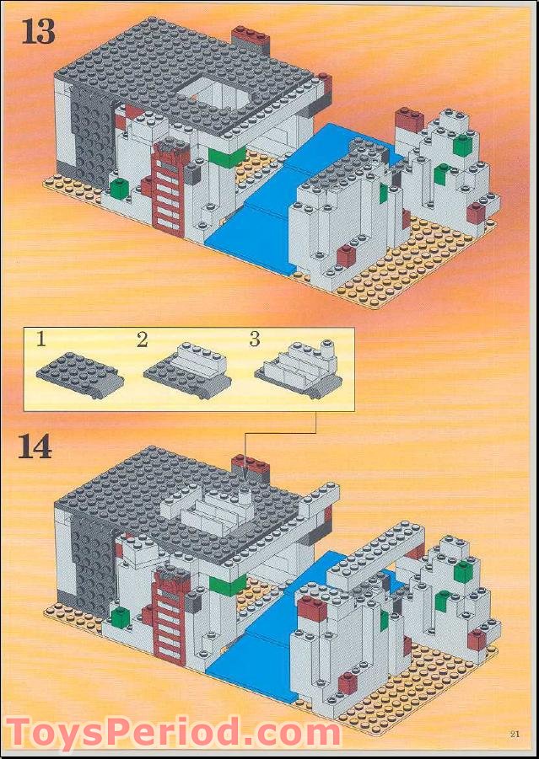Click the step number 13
tap(38, 31)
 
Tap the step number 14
tap(35, 446)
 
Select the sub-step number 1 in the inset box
tap(41, 339)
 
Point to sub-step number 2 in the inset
tap(142, 339)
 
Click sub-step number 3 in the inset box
tap(254, 339)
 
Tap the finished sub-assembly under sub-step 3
tap(299, 368)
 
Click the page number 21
tap(515, 735)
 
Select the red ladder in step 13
tap(170, 189)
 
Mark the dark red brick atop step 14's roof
tap(251, 463)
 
